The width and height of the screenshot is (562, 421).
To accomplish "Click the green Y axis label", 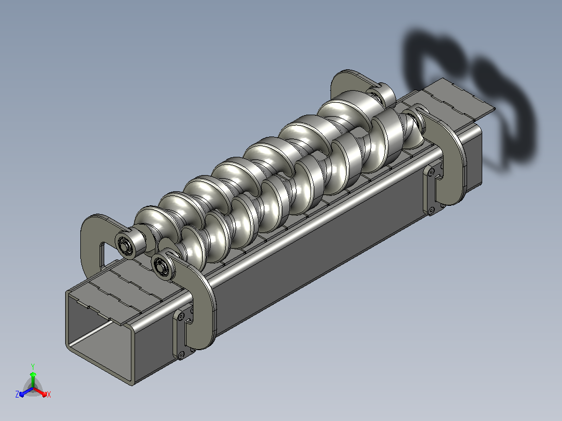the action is [33, 366].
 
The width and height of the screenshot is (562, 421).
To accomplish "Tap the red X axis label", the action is [49, 394].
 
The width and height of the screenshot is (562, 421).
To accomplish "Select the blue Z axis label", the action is [17, 394].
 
